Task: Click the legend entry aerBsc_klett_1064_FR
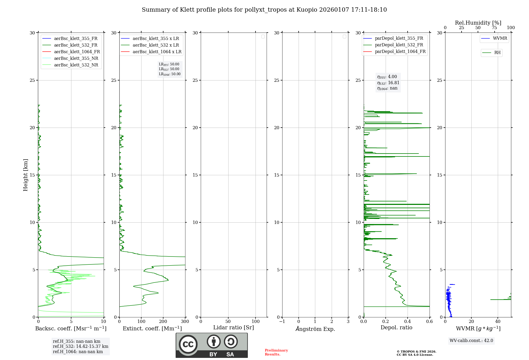(77, 52)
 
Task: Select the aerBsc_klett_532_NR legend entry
(76, 65)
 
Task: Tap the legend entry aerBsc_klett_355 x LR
(156, 38)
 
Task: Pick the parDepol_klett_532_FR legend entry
(399, 45)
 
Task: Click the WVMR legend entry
(500, 38)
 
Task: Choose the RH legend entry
(497, 53)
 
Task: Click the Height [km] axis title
(25, 175)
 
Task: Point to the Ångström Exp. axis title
(315, 329)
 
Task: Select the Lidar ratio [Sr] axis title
(233, 327)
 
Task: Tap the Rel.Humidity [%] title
(478, 23)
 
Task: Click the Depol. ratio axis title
(396, 327)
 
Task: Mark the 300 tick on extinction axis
(185, 322)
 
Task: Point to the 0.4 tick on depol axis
(407, 322)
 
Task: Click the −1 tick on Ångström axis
(282, 322)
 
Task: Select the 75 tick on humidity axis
(494, 28)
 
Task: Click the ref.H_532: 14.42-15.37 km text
(80, 346)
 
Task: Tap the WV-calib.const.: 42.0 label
(471, 341)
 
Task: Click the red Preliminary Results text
(276, 352)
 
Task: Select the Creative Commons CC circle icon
(188, 344)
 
